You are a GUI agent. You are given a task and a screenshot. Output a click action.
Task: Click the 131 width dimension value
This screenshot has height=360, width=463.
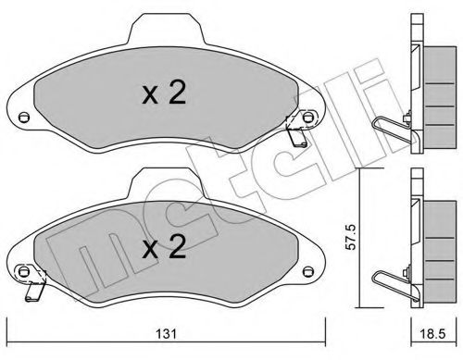point(166,334)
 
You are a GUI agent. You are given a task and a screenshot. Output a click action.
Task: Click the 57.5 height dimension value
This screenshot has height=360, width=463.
point(351,237)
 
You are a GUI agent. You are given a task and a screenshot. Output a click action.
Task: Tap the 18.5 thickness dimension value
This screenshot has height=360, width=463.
point(432,334)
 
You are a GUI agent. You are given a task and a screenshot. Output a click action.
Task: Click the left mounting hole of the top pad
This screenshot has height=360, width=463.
point(23,118)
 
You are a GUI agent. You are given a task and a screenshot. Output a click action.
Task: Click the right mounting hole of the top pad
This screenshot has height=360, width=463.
point(307,118)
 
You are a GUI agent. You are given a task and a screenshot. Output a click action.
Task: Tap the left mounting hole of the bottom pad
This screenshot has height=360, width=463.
point(23,271)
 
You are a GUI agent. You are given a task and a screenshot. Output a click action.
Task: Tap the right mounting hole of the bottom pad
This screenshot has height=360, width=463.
point(307,271)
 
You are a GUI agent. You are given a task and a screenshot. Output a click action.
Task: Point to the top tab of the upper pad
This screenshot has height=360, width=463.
point(166,30)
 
